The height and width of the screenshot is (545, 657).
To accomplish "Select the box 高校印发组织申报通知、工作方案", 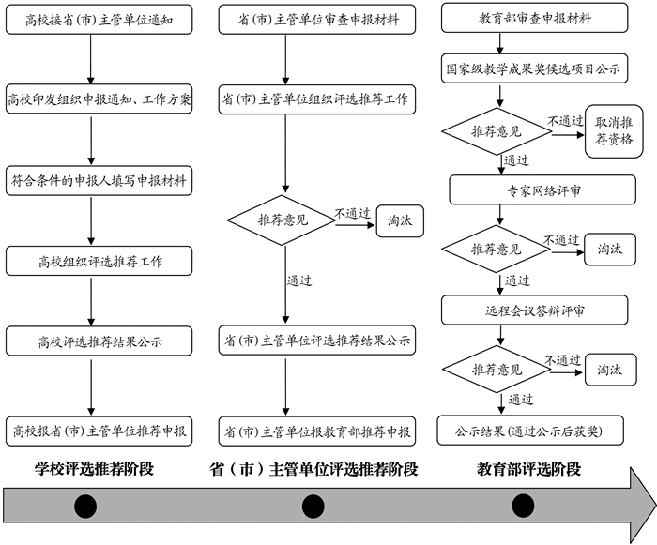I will [99, 98].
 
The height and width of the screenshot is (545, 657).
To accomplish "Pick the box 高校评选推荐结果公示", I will [100, 341].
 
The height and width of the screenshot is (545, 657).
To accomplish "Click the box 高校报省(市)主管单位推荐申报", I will [99, 431].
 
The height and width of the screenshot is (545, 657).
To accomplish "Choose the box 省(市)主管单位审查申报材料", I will [316, 18].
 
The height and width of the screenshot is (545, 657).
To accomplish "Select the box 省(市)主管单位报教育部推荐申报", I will [316, 431].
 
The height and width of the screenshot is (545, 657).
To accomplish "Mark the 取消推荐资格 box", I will [614, 130].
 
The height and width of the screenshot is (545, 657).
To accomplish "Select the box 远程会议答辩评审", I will [532, 308].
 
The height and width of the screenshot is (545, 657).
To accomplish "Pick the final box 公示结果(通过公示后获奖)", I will [532, 432].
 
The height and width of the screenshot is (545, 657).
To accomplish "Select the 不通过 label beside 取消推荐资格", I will [565, 121].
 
